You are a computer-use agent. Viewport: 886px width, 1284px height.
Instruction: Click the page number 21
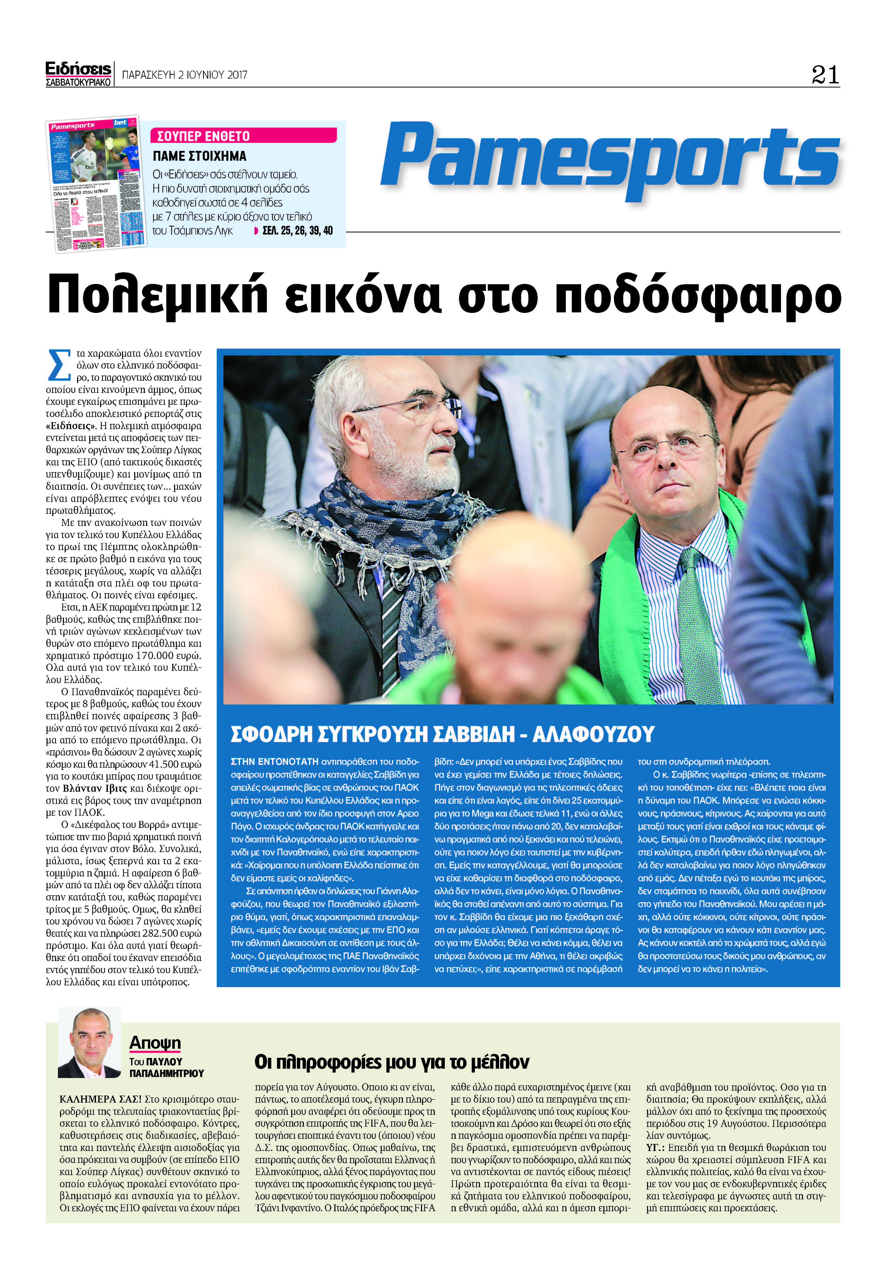[x=825, y=75]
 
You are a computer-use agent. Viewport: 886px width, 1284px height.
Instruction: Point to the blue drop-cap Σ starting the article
[x=59, y=365]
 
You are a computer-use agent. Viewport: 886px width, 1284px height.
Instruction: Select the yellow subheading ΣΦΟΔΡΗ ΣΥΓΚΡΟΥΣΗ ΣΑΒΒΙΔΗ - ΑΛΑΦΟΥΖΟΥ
[x=442, y=734]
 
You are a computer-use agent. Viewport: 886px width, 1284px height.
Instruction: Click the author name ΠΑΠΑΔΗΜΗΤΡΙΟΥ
[x=167, y=1073]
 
